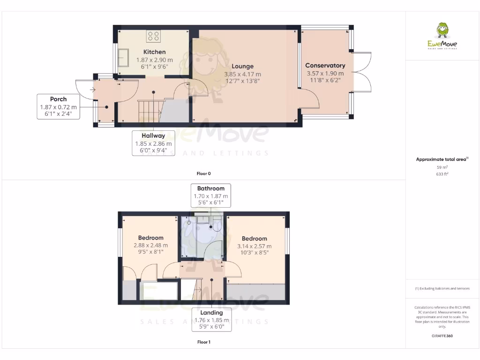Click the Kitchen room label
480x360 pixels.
point(154,52)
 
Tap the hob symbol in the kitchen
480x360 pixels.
point(154,36)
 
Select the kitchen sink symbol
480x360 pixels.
point(125,59)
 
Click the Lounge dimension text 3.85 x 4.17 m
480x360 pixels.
point(242,74)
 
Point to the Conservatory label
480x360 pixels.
point(325,66)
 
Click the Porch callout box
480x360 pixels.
point(58,106)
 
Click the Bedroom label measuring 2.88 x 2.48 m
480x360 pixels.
point(150,238)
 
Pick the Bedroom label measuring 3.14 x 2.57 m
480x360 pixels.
point(254,239)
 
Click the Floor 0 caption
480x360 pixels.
point(203,173)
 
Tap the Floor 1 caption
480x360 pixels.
point(203,342)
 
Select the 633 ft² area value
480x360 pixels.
point(442,173)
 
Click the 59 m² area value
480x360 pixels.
point(442,167)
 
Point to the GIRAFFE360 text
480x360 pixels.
point(442,336)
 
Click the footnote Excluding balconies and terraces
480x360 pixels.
point(442,289)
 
